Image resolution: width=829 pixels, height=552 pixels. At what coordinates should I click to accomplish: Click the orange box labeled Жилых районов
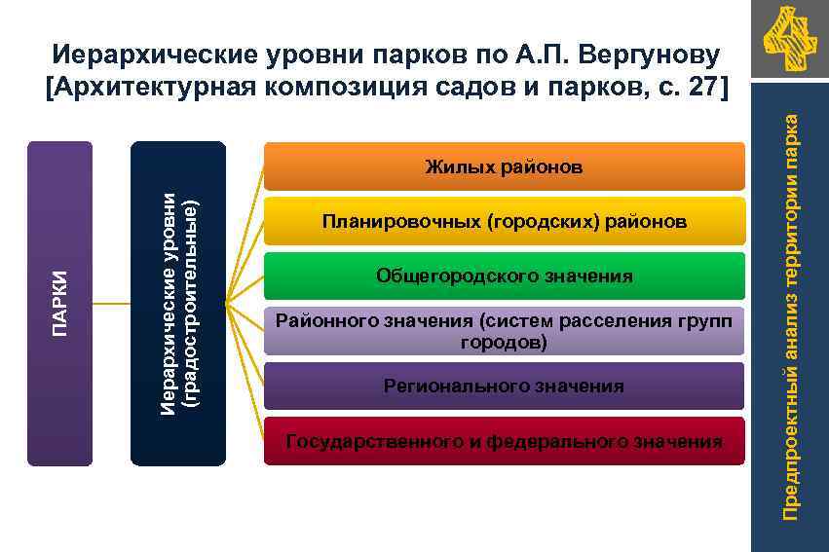click(504, 166)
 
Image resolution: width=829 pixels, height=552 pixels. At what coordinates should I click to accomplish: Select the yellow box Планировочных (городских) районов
click(504, 222)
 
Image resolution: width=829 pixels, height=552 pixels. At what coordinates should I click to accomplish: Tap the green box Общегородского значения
click(504, 276)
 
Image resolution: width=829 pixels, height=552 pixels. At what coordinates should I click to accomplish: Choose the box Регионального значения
click(504, 386)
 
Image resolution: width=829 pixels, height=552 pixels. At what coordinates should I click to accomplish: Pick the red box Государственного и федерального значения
click(504, 442)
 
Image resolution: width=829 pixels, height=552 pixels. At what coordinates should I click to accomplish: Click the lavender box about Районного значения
click(504, 331)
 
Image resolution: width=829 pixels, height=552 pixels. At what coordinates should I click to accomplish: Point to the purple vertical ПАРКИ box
click(60, 304)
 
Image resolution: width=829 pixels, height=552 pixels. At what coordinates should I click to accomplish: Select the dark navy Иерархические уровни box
click(178, 304)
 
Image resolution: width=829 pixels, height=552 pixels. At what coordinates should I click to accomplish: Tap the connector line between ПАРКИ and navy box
click(112, 304)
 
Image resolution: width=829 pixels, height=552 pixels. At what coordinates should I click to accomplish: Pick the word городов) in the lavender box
click(504, 343)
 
